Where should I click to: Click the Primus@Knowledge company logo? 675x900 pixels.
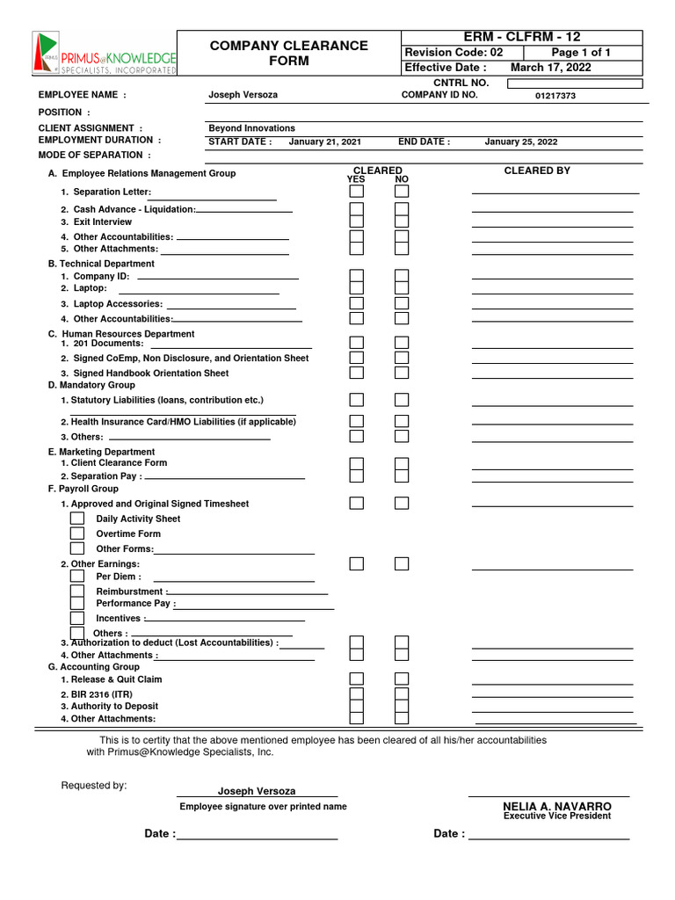104,54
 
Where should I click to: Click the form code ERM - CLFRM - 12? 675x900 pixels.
522,37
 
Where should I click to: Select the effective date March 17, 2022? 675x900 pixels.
550,68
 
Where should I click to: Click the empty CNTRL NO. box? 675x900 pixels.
575,83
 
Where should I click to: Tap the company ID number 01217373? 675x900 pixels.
555,96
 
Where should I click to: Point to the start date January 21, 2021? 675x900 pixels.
324,142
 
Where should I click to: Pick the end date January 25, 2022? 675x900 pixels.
520,142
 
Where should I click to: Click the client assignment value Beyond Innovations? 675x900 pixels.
251,128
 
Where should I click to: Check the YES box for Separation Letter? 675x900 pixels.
357,191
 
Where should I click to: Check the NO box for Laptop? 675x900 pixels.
402,287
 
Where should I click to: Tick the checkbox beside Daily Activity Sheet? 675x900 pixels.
77,519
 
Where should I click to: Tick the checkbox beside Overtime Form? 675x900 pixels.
77,533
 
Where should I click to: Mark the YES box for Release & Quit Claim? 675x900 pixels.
357,679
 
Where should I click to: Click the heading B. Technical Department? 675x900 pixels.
101,264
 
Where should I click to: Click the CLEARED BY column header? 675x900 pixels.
536,171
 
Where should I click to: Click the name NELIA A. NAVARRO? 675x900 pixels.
556,806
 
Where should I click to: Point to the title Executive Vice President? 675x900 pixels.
556,817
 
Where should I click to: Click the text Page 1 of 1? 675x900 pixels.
580,53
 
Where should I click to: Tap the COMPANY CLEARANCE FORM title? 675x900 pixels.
288,53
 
